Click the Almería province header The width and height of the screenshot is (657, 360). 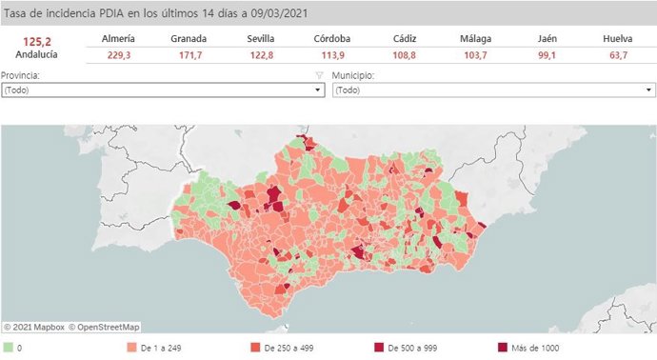click(x=118, y=38)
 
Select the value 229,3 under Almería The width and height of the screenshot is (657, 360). click(x=118, y=56)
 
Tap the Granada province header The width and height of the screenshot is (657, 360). click(x=189, y=38)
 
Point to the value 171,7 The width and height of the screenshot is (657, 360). click(x=189, y=56)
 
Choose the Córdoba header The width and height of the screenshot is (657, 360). click(x=331, y=38)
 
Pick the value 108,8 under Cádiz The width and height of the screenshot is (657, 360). click(x=403, y=56)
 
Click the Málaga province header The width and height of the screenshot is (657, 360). click(x=475, y=38)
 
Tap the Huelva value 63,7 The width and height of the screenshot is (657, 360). click(x=618, y=56)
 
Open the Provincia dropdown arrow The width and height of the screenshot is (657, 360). click(x=318, y=90)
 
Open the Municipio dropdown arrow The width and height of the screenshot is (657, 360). click(x=648, y=90)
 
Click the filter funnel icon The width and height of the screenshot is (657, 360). click(x=321, y=74)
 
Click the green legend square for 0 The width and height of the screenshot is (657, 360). click(x=8, y=348)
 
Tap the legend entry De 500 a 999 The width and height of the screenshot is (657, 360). click(x=410, y=348)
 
